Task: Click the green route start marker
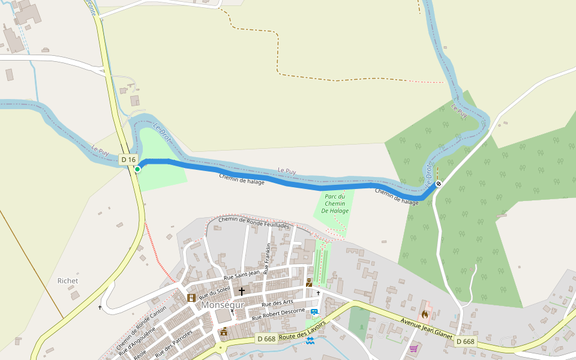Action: point(137,169)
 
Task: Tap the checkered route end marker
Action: point(439,184)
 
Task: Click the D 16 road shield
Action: point(128,159)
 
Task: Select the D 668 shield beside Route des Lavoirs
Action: point(266,339)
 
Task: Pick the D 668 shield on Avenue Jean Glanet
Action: point(465,341)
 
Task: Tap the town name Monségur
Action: point(223,304)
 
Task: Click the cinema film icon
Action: point(191,298)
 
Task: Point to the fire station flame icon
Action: point(425,314)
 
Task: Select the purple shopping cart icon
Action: point(413,348)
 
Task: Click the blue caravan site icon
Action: point(314,311)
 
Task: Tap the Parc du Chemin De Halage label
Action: point(335,203)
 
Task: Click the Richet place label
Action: point(68,281)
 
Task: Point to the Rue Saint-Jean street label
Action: point(241,275)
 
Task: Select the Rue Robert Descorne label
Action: point(278,313)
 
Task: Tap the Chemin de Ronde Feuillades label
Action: point(254,223)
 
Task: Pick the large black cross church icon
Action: point(242,292)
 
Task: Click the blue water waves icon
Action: point(310,341)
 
